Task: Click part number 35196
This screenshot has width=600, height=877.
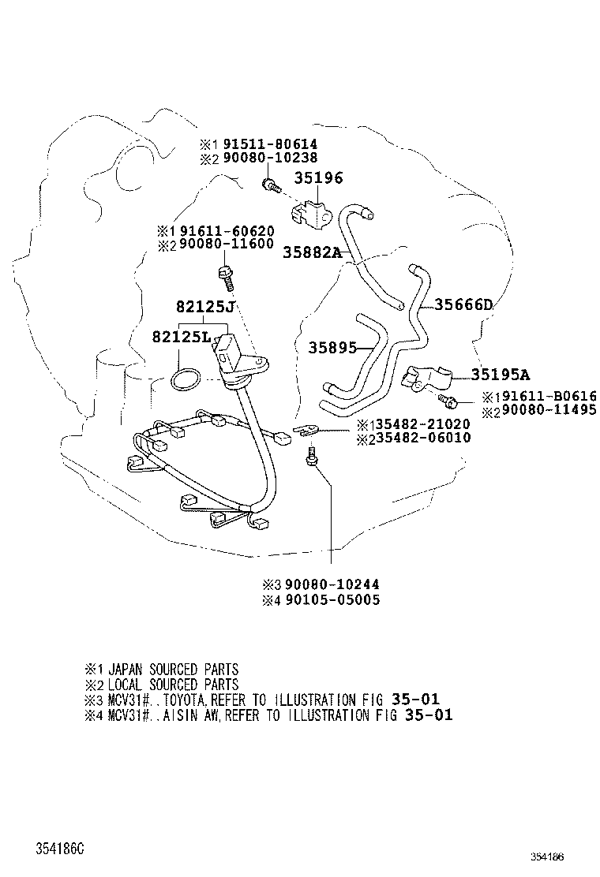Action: [319, 178]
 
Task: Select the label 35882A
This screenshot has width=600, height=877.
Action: [313, 252]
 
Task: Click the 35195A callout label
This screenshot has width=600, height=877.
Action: [501, 375]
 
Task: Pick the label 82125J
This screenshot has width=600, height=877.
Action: [205, 306]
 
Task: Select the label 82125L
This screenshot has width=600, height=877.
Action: [182, 338]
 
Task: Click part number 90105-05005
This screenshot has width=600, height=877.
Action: [332, 600]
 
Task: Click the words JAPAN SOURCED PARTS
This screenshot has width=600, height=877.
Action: [173, 670]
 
